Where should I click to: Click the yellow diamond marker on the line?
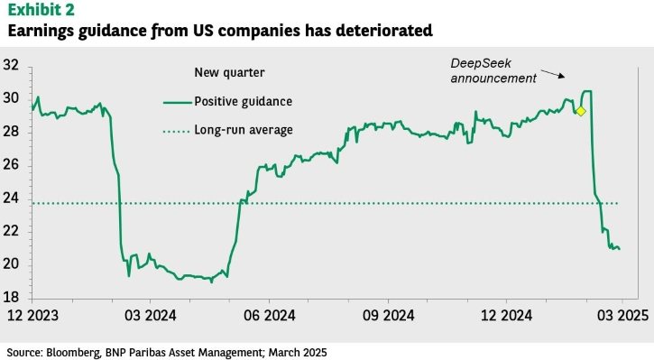pos(580,111)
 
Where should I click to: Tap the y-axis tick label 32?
pos(11,65)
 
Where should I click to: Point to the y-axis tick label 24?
pos(11,198)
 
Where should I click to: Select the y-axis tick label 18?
pos(11,297)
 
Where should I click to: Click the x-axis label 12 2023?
pos(32,316)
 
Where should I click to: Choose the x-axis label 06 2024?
pos(270,316)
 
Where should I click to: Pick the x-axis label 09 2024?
pos(388,316)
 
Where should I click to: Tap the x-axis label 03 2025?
pos(622,316)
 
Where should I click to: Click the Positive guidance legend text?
pos(244,101)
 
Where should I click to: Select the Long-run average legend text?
pos(244,130)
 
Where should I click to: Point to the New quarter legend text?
pos(229,72)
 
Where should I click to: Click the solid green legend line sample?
pos(178,102)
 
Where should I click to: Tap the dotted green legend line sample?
pos(177,132)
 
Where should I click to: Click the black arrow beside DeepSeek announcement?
pos(553,74)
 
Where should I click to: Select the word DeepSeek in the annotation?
pos(481,63)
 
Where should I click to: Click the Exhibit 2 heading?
pos(41,10)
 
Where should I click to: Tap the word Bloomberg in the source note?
pos(73,353)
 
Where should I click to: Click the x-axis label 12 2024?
pos(507,316)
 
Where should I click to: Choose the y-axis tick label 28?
pos(11,132)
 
